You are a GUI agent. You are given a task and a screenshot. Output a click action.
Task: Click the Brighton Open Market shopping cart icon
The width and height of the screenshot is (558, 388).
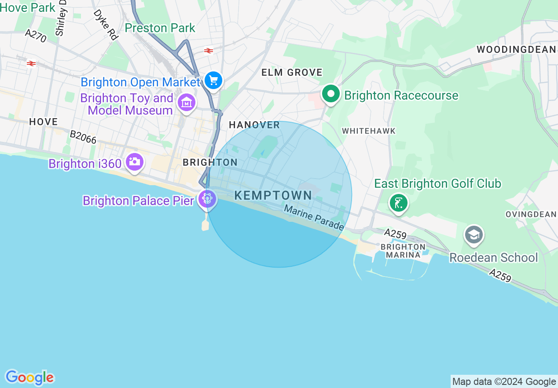[x=213, y=81]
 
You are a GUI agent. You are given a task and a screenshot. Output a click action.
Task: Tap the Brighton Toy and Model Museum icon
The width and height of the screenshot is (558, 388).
[x=186, y=103]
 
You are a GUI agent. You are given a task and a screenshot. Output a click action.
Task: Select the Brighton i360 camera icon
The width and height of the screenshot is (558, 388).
[x=134, y=162]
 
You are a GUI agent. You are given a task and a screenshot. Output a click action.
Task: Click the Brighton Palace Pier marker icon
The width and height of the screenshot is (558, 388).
[x=206, y=199]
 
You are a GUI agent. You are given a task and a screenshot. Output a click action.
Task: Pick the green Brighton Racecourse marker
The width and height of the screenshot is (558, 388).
[x=330, y=94]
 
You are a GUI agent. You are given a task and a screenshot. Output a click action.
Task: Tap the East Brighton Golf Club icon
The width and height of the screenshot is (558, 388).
[x=398, y=203]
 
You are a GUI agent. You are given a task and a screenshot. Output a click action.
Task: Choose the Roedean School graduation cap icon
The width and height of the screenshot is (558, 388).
[x=474, y=235]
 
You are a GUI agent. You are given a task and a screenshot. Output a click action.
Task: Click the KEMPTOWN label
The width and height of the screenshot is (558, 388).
[x=273, y=195]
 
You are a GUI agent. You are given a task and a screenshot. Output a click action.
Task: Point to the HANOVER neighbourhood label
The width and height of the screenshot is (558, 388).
[x=254, y=125]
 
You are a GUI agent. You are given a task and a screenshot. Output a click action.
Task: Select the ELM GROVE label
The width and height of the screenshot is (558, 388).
[x=292, y=72]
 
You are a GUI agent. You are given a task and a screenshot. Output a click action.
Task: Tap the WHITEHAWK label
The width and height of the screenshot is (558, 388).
[x=369, y=131]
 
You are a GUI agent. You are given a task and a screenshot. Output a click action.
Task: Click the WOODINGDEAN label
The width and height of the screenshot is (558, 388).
[x=517, y=49]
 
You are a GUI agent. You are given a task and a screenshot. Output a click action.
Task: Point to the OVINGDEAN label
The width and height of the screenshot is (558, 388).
[x=531, y=214]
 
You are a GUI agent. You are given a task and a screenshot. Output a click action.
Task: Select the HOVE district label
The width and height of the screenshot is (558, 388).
[x=43, y=122]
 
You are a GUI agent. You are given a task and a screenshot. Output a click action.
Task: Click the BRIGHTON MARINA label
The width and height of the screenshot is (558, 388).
[x=403, y=251]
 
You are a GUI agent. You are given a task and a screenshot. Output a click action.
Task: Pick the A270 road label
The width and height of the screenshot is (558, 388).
[x=36, y=36]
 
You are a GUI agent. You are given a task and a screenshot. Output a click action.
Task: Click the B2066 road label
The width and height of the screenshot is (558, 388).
[x=83, y=137]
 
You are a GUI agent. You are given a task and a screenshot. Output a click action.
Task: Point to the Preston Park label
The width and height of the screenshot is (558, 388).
[x=160, y=28]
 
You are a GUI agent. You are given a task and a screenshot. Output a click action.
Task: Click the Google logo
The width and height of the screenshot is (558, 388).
[x=29, y=377]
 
